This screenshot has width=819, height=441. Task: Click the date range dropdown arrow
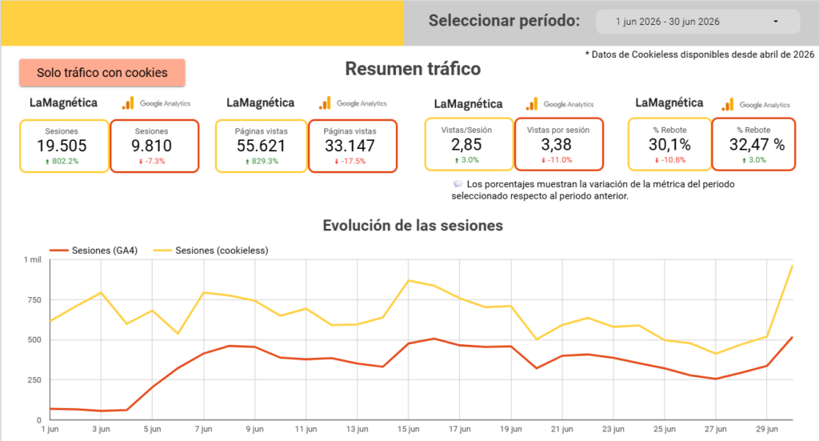[776, 22]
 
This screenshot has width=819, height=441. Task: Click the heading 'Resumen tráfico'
[413, 69]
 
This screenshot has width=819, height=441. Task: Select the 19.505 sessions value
[62, 146]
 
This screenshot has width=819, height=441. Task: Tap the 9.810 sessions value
[151, 146]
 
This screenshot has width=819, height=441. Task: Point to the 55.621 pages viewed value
[262, 146]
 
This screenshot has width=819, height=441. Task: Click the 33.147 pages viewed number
[350, 146]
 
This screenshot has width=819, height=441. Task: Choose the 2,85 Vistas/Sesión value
[466, 145]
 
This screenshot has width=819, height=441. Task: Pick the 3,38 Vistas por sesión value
[557, 145]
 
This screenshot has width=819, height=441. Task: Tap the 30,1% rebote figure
[669, 145]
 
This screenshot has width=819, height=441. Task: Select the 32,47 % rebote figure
[757, 145]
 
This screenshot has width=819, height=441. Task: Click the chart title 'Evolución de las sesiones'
[413, 225]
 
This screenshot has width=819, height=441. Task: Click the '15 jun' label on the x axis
[409, 429]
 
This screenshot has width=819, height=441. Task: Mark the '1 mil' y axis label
[32, 259]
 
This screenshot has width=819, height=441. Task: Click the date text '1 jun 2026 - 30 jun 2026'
[668, 22]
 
